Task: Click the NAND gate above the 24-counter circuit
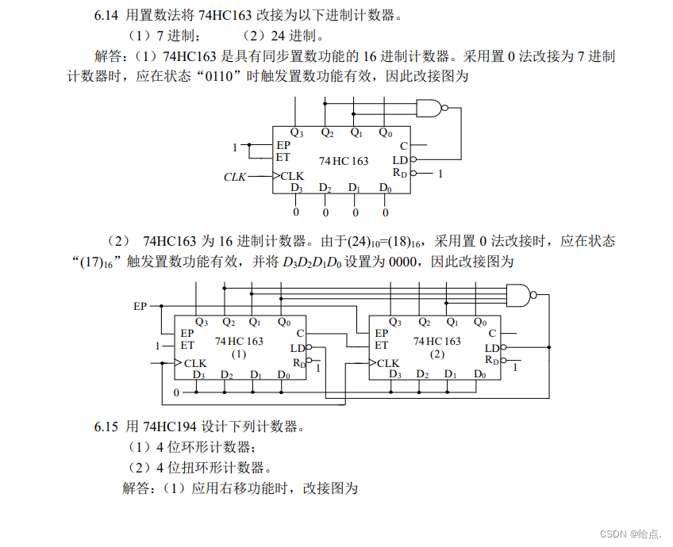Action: click(520, 295)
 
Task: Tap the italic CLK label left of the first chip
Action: click(235, 177)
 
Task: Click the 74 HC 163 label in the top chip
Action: click(344, 161)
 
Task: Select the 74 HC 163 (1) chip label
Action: click(239, 346)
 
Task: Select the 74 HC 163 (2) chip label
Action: click(436, 346)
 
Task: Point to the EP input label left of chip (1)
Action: click(140, 305)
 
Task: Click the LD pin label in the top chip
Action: click(400, 160)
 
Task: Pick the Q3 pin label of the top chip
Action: click(296, 133)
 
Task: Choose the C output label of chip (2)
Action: click(492, 334)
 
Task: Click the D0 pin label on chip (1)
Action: click(284, 375)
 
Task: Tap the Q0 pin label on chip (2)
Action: click(479, 322)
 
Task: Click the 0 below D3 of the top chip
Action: click(296, 212)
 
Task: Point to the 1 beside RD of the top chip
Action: click(440, 172)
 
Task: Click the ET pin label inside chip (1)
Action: click(187, 346)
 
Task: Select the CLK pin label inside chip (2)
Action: click(388, 363)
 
